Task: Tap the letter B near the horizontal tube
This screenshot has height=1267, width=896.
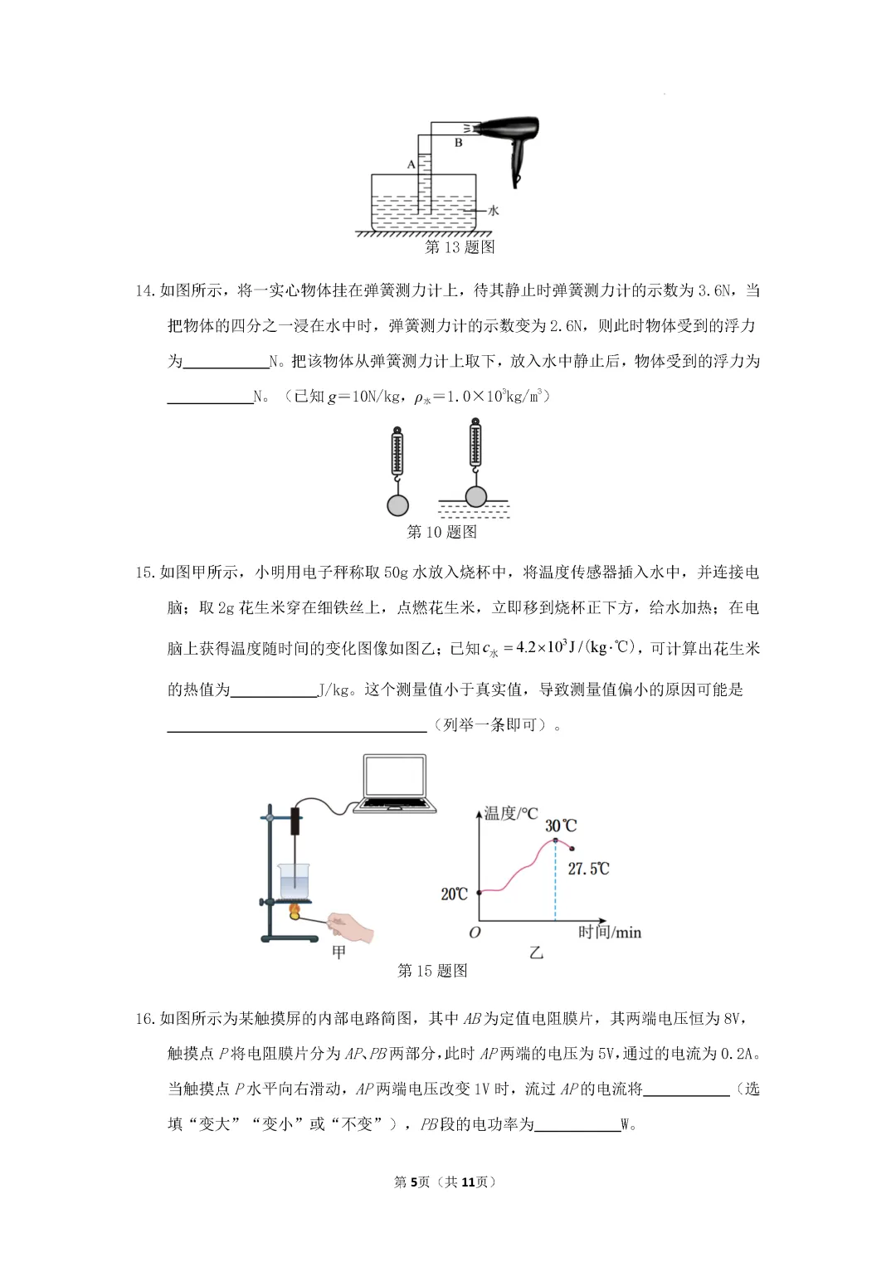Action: point(458,143)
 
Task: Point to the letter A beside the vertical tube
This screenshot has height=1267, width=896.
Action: point(411,164)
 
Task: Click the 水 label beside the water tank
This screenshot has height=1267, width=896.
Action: point(494,211)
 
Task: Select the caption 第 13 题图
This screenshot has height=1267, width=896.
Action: point(460,247)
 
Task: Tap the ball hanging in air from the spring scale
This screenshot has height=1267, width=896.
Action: point(397,504)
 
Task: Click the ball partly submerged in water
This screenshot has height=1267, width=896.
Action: point(475,496)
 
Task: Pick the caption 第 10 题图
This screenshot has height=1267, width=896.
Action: point(441,532)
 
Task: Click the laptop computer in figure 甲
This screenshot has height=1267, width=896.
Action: point(396,784)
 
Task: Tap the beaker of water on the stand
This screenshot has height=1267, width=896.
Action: point(294,881)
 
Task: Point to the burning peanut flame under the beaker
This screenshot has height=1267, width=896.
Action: point(295,912)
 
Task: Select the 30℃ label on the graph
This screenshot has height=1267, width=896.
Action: point(560,826)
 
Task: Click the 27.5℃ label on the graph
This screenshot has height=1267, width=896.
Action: point(588,869)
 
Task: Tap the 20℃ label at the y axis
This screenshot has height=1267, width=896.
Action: point(454,894)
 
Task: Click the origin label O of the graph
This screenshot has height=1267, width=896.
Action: point(475,933)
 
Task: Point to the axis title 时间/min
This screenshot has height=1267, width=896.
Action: point(610,933)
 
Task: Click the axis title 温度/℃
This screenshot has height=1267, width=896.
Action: point(511,813)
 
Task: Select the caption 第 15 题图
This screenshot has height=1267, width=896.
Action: point(432,971)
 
